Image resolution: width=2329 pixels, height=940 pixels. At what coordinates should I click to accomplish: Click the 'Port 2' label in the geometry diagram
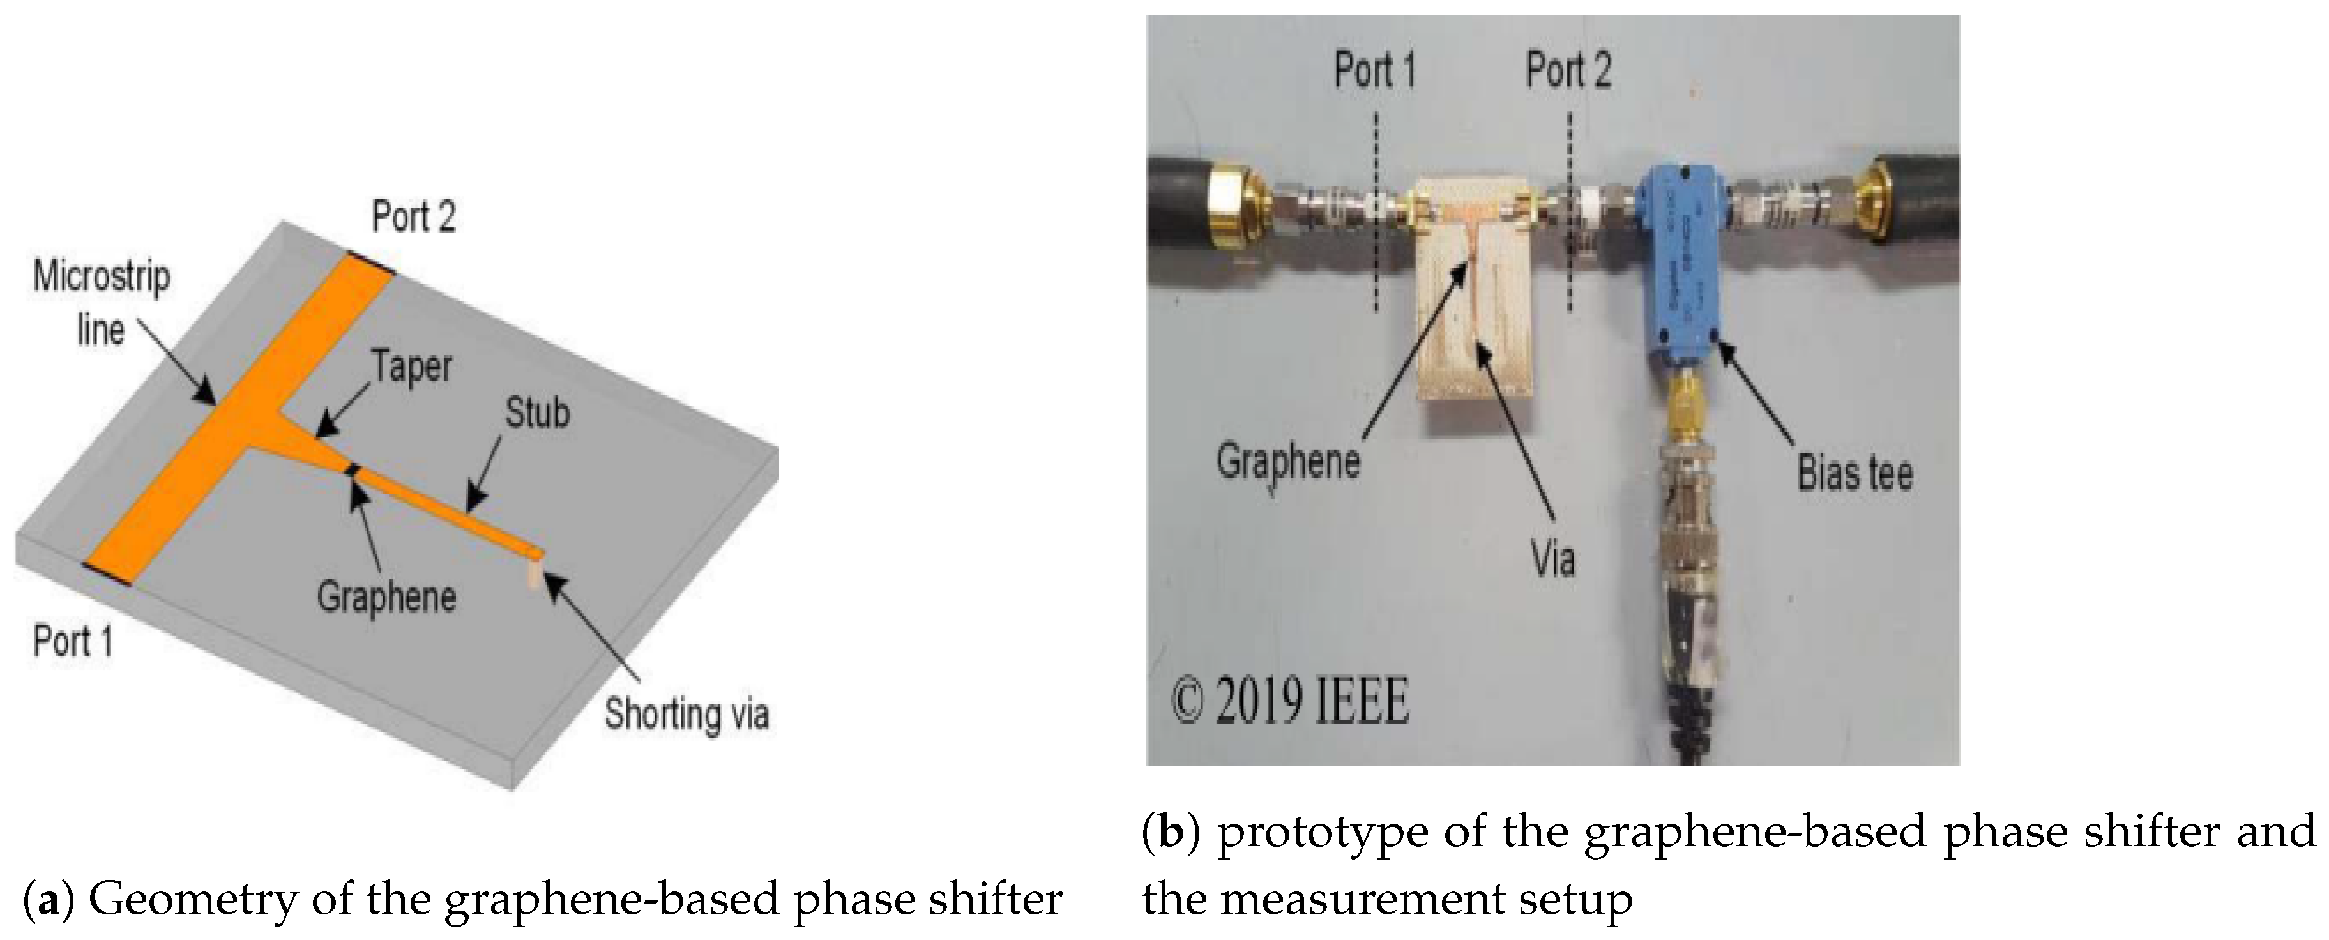[413, 217]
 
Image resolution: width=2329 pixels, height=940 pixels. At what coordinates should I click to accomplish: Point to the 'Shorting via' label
[687, 713]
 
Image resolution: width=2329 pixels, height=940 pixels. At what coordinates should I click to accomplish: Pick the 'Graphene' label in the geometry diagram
[386, 596]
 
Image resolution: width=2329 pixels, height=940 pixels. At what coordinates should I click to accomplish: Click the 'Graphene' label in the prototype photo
[1287, 461]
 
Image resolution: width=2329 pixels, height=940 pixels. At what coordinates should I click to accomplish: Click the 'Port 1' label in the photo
[1374, 70]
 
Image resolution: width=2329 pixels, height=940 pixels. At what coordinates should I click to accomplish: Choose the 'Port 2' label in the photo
[1568, 70]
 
